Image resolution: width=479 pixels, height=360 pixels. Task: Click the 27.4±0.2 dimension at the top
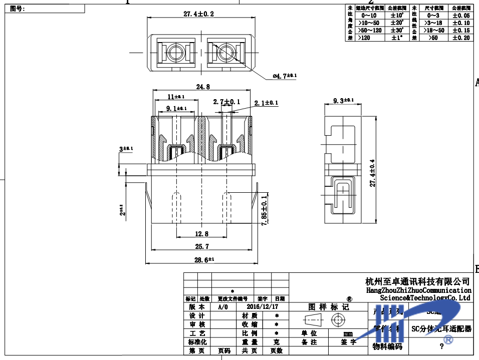[x=198, y=14]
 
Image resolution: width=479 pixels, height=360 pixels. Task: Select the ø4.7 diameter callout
[x=284, y=76]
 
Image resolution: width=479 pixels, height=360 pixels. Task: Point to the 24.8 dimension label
[x=203, y=87]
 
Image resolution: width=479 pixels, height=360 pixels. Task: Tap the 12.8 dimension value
[x=201, y=233]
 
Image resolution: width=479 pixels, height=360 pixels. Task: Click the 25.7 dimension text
[x=201, y=246]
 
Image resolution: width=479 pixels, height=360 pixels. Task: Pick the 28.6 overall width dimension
[x=204, y=260]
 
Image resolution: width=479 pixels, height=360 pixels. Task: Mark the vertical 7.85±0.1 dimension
[x=264, y=210]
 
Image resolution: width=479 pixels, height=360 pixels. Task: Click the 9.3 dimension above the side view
[x=343, y=101]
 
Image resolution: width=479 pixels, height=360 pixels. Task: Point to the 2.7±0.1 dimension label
[x=226, y=102]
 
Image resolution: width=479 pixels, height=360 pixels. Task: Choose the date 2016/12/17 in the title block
[x=263, y=306]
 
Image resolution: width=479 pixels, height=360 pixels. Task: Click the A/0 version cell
[x=223, y=306]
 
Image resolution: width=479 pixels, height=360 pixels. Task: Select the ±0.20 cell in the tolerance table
[x=460, y=38]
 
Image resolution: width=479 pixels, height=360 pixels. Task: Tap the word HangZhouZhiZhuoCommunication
[x=419, y=290]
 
